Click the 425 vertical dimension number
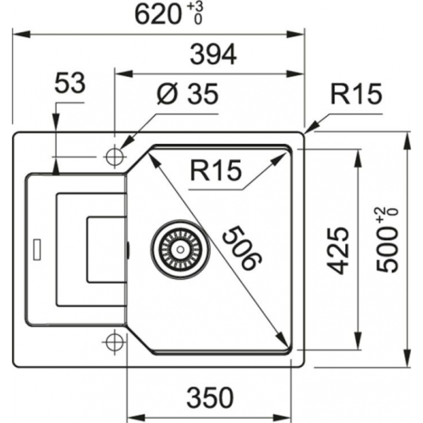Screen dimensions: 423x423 (x=338, y=250)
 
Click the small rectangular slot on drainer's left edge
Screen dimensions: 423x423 (x=36, y=250)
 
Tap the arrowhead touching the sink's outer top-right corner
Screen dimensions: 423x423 (x=310, y=129)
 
